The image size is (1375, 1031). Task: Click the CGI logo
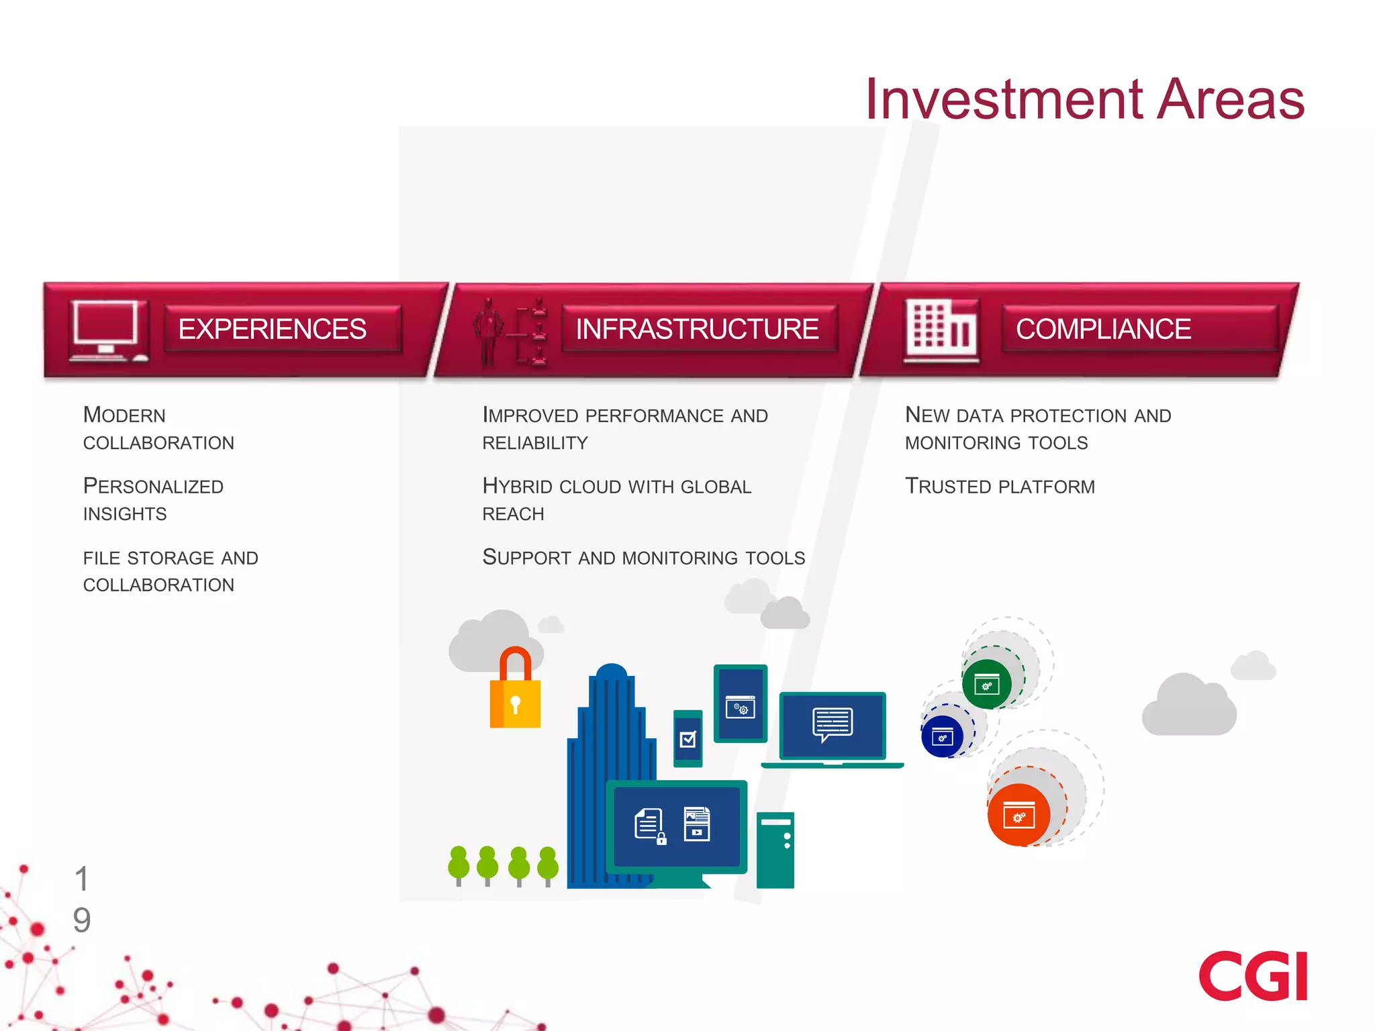[x=1252, y=976]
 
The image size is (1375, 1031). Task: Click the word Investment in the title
[x=1004, y=99]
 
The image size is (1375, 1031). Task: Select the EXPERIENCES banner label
[x=272, y=329]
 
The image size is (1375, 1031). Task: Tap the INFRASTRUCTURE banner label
[x=697, y=329]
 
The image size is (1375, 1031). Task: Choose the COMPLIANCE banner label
[x=1103, y=329]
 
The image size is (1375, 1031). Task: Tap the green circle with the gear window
[x=986, y=685]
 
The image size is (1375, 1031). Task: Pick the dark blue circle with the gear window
[x=942, y=737]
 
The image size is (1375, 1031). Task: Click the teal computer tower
[x=775, y=850]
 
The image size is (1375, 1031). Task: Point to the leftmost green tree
[x=459, y=865]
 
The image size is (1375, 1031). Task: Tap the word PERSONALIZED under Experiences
[x=153, y=486]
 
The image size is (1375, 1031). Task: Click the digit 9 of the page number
[x=82, y=920]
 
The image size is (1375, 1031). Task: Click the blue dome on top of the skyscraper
[x=612, y=671]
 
